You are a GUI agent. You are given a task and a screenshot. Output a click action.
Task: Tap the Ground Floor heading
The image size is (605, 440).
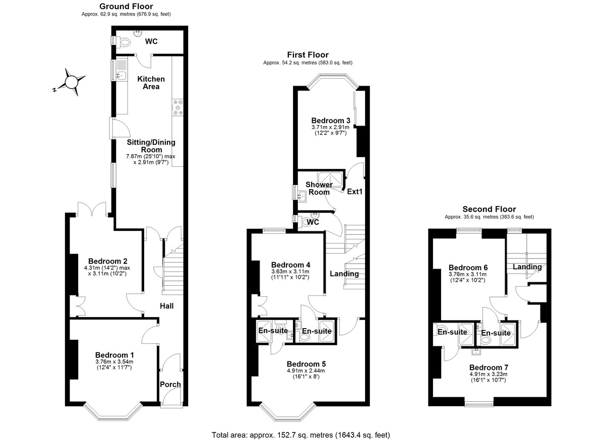click(x=126, y=6)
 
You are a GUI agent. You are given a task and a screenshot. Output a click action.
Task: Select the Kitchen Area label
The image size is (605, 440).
click(x=151, y=83)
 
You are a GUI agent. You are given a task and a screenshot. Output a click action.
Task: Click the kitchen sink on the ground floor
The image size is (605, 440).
click(x=120, y=76)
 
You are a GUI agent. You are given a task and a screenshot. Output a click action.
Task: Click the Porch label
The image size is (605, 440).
click(x=170, y=385)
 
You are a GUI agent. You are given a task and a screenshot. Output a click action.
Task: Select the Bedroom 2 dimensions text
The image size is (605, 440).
click(x=105, y=271)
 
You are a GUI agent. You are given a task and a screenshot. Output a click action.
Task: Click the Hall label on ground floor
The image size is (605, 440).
click(x=167, y=306)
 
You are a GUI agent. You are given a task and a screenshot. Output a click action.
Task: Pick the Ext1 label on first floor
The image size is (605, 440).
click(x=355, y=192)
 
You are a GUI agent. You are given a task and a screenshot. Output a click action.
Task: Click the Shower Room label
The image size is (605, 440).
click(x=319, y=188)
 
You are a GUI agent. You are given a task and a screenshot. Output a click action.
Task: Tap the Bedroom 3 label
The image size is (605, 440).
click(x=330, y=120)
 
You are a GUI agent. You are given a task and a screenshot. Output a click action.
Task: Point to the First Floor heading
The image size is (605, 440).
click(x=308, y=54)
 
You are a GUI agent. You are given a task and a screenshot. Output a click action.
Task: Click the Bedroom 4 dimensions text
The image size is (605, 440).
click(x=290, y=274)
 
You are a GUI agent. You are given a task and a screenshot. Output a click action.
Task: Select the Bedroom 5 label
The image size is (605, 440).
click(x=306, y=363)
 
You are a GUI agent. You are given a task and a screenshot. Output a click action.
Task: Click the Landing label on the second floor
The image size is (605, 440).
click(x=527, y=267)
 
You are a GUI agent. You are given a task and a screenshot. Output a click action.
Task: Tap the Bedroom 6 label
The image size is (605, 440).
click(x=468, y=267)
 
